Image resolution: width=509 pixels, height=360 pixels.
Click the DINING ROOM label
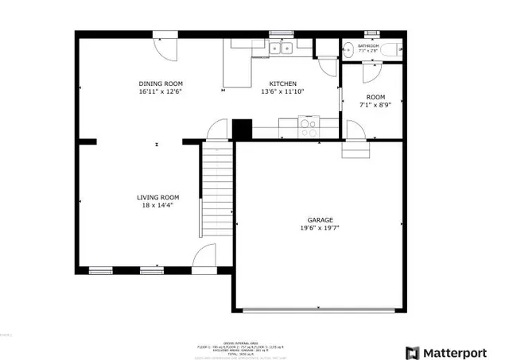pyautogui.click(x=160, y=83)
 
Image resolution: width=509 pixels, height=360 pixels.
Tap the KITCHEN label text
pyautogui.click(x=282, y=83)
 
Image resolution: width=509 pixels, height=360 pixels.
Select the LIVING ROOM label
pyautogui.click(x=157, y=197)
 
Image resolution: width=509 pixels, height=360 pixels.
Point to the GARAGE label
pyautogui.click(x=321, y=220)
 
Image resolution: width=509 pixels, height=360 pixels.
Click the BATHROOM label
pyautogui.click(x=368, y=46)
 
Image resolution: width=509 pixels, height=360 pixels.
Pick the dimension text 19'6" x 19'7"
pyautogui.click(x=321, y=228)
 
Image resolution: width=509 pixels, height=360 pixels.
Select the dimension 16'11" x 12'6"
pyautogui.click(x=160, y=91)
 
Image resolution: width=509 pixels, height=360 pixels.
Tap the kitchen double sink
pyautogui.click(x=280, y=48)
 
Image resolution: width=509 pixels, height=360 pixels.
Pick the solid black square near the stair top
pyautogui.click(x=242, y=128)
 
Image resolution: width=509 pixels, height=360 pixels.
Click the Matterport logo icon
pyautogui.click(x=413, y=352)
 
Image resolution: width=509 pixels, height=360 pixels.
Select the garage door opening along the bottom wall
pyautogui.click(x=321, y=309)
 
